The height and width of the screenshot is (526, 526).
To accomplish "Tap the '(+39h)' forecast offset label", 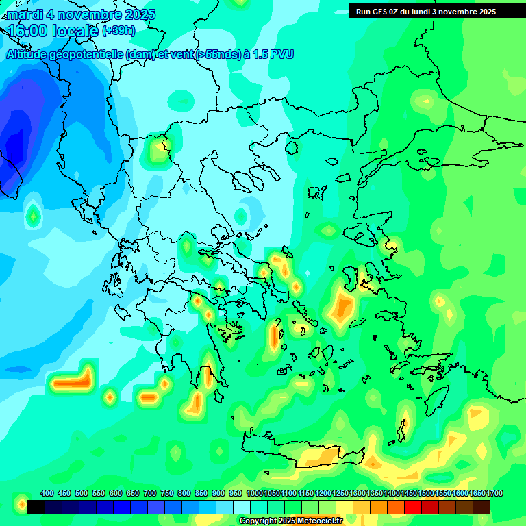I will pyautogui.click(x=118, y=31).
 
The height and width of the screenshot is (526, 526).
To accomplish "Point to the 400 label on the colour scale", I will pyautogui.click(x=47, y=494).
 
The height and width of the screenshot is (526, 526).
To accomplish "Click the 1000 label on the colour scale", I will pyautogui.click(x=254, y=494).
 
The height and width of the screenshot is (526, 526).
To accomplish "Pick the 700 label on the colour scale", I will pyautogui.click(x=150, y=494).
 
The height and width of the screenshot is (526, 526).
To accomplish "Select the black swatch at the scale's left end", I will pyautogui.click(x=36, y=507).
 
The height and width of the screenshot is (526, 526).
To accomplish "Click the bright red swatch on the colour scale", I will pyautogui.click(x=413, y=507).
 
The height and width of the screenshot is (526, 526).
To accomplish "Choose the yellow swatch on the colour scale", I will pyautogui.click(x=345, y=507).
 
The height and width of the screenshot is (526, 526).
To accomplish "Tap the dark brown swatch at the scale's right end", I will pyautogui.click(x=481, y=507).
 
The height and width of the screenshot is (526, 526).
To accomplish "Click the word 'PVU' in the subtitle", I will pyautogui.click(x=280, y=54).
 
